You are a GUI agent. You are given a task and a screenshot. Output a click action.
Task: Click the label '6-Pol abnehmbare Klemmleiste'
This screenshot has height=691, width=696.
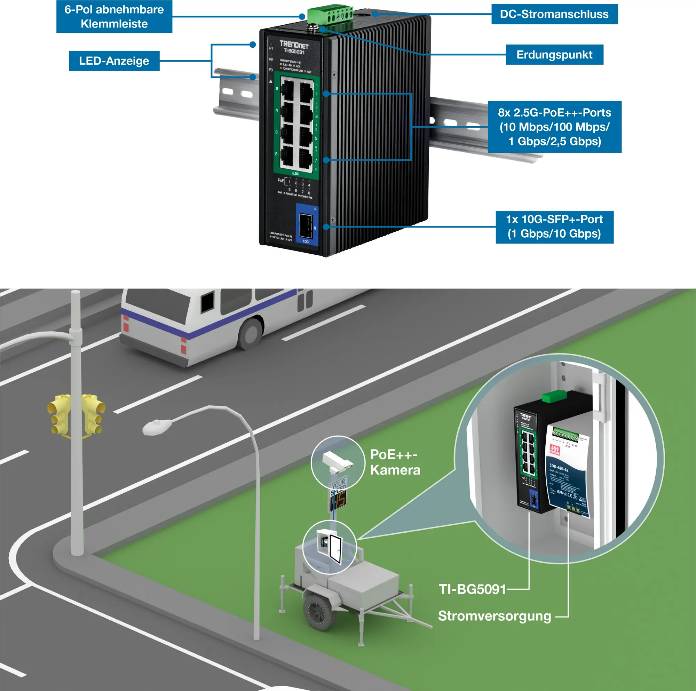click(114, 17)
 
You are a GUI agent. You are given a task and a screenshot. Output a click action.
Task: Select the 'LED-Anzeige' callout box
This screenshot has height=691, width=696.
click(114, 61)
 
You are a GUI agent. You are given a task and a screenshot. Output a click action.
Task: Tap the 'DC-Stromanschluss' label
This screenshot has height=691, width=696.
click(554, 14)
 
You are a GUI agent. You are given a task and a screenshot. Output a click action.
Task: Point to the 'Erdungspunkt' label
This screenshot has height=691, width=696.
click(554, 55)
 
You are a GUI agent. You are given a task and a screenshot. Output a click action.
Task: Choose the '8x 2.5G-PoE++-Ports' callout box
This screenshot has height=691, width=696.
click(554, 127)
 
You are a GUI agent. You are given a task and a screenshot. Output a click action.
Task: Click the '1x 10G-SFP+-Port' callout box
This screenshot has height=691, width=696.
click(554, 227)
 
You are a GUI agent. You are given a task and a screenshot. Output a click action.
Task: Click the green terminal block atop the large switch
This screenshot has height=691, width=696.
click(330, 14)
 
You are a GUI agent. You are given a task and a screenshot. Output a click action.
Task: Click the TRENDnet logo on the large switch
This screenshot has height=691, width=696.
click(294, 45)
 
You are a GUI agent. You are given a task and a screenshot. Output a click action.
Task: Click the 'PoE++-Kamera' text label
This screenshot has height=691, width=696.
click(395, 462)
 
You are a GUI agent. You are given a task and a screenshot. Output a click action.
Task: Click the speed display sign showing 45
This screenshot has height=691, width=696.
click(339, 499)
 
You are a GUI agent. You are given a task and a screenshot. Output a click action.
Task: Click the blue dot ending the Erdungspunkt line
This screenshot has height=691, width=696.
click(323, 29)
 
